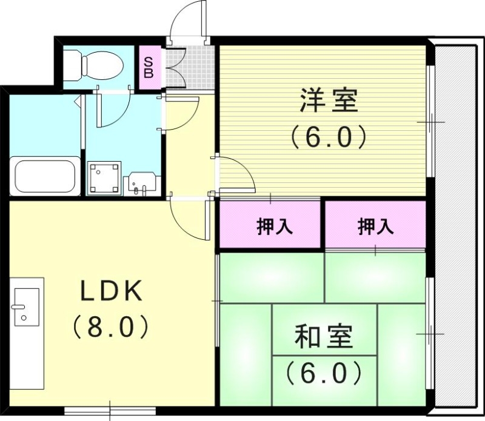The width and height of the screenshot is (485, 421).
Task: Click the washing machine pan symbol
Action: point(104,178)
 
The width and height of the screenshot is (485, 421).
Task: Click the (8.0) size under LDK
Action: point(112,328)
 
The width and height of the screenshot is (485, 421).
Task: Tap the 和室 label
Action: point(324,337)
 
